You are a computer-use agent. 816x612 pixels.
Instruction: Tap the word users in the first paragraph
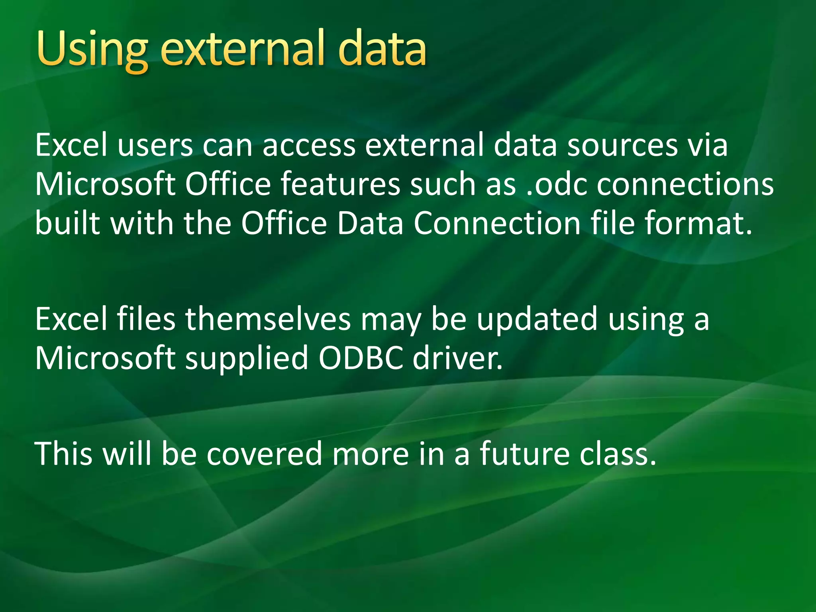[x=155, y=146]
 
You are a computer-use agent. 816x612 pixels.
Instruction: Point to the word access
[x=309, y=146]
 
